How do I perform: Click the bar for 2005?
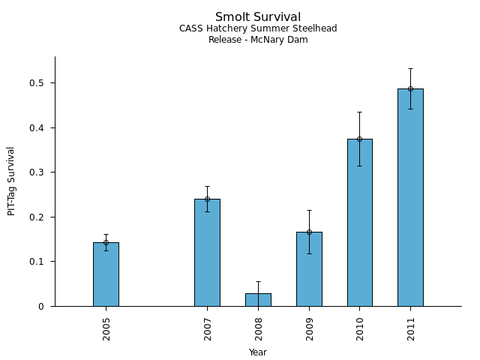click(106, 274)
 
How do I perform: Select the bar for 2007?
click(207, 252)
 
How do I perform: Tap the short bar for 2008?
click(258, 300)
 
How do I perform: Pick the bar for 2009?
click(309, 268)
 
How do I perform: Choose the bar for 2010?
click(359, 222)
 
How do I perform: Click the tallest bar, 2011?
click(410, 197)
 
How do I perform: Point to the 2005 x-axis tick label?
click(106, 330)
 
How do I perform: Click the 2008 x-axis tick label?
click(259, 330)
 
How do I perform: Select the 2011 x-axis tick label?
click(411, 330)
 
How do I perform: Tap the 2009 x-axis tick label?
click(310, 330)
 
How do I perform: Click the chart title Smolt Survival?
click(258, 17)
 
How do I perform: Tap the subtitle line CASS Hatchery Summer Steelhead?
click(258, 29)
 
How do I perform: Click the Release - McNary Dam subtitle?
click(258, 40)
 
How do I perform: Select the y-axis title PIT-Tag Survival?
click(11, 181)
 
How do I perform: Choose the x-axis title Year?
click(258, 352)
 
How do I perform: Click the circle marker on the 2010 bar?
click(359, 139)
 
